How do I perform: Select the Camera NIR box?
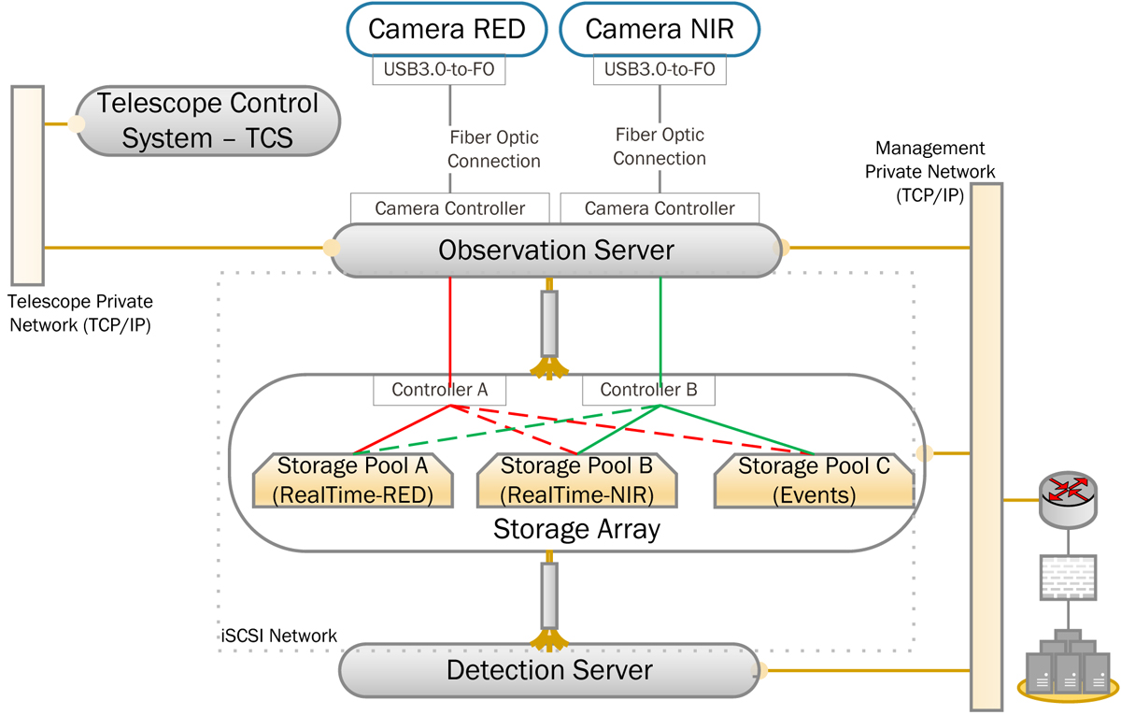point(659,30)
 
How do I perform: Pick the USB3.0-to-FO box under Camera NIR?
point(660,70)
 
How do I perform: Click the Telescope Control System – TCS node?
point(207,121)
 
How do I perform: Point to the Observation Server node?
point(556,250)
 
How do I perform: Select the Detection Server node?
point(549,669)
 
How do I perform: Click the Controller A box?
point(439,391)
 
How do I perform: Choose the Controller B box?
point(649,391)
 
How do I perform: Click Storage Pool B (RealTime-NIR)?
point(575,480)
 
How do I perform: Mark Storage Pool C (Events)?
point(813,480)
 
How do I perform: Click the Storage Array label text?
point(576,530)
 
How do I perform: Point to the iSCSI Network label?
point(275,636)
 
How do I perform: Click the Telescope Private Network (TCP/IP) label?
point(79,314)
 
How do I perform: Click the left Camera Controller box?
point(449,208)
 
